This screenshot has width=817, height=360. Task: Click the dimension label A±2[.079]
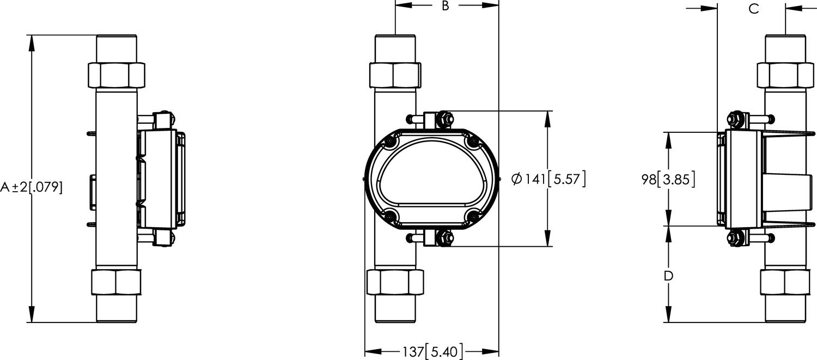click(x=32, y=188)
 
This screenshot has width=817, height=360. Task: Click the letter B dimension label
click(x=445, y=7)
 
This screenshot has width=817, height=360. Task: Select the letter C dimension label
click(x=754, y=9)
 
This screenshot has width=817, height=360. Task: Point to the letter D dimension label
click(x=668, y=276)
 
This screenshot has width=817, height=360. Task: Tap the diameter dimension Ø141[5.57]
click(x=549, y=179)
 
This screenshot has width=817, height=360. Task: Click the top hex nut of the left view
click(x=117, y=75)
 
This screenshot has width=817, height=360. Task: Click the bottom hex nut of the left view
click(x=116, y=281)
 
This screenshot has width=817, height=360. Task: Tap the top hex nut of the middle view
click(x=395, y=75)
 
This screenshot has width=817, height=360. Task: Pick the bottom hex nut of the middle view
click(x=395, y=282)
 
